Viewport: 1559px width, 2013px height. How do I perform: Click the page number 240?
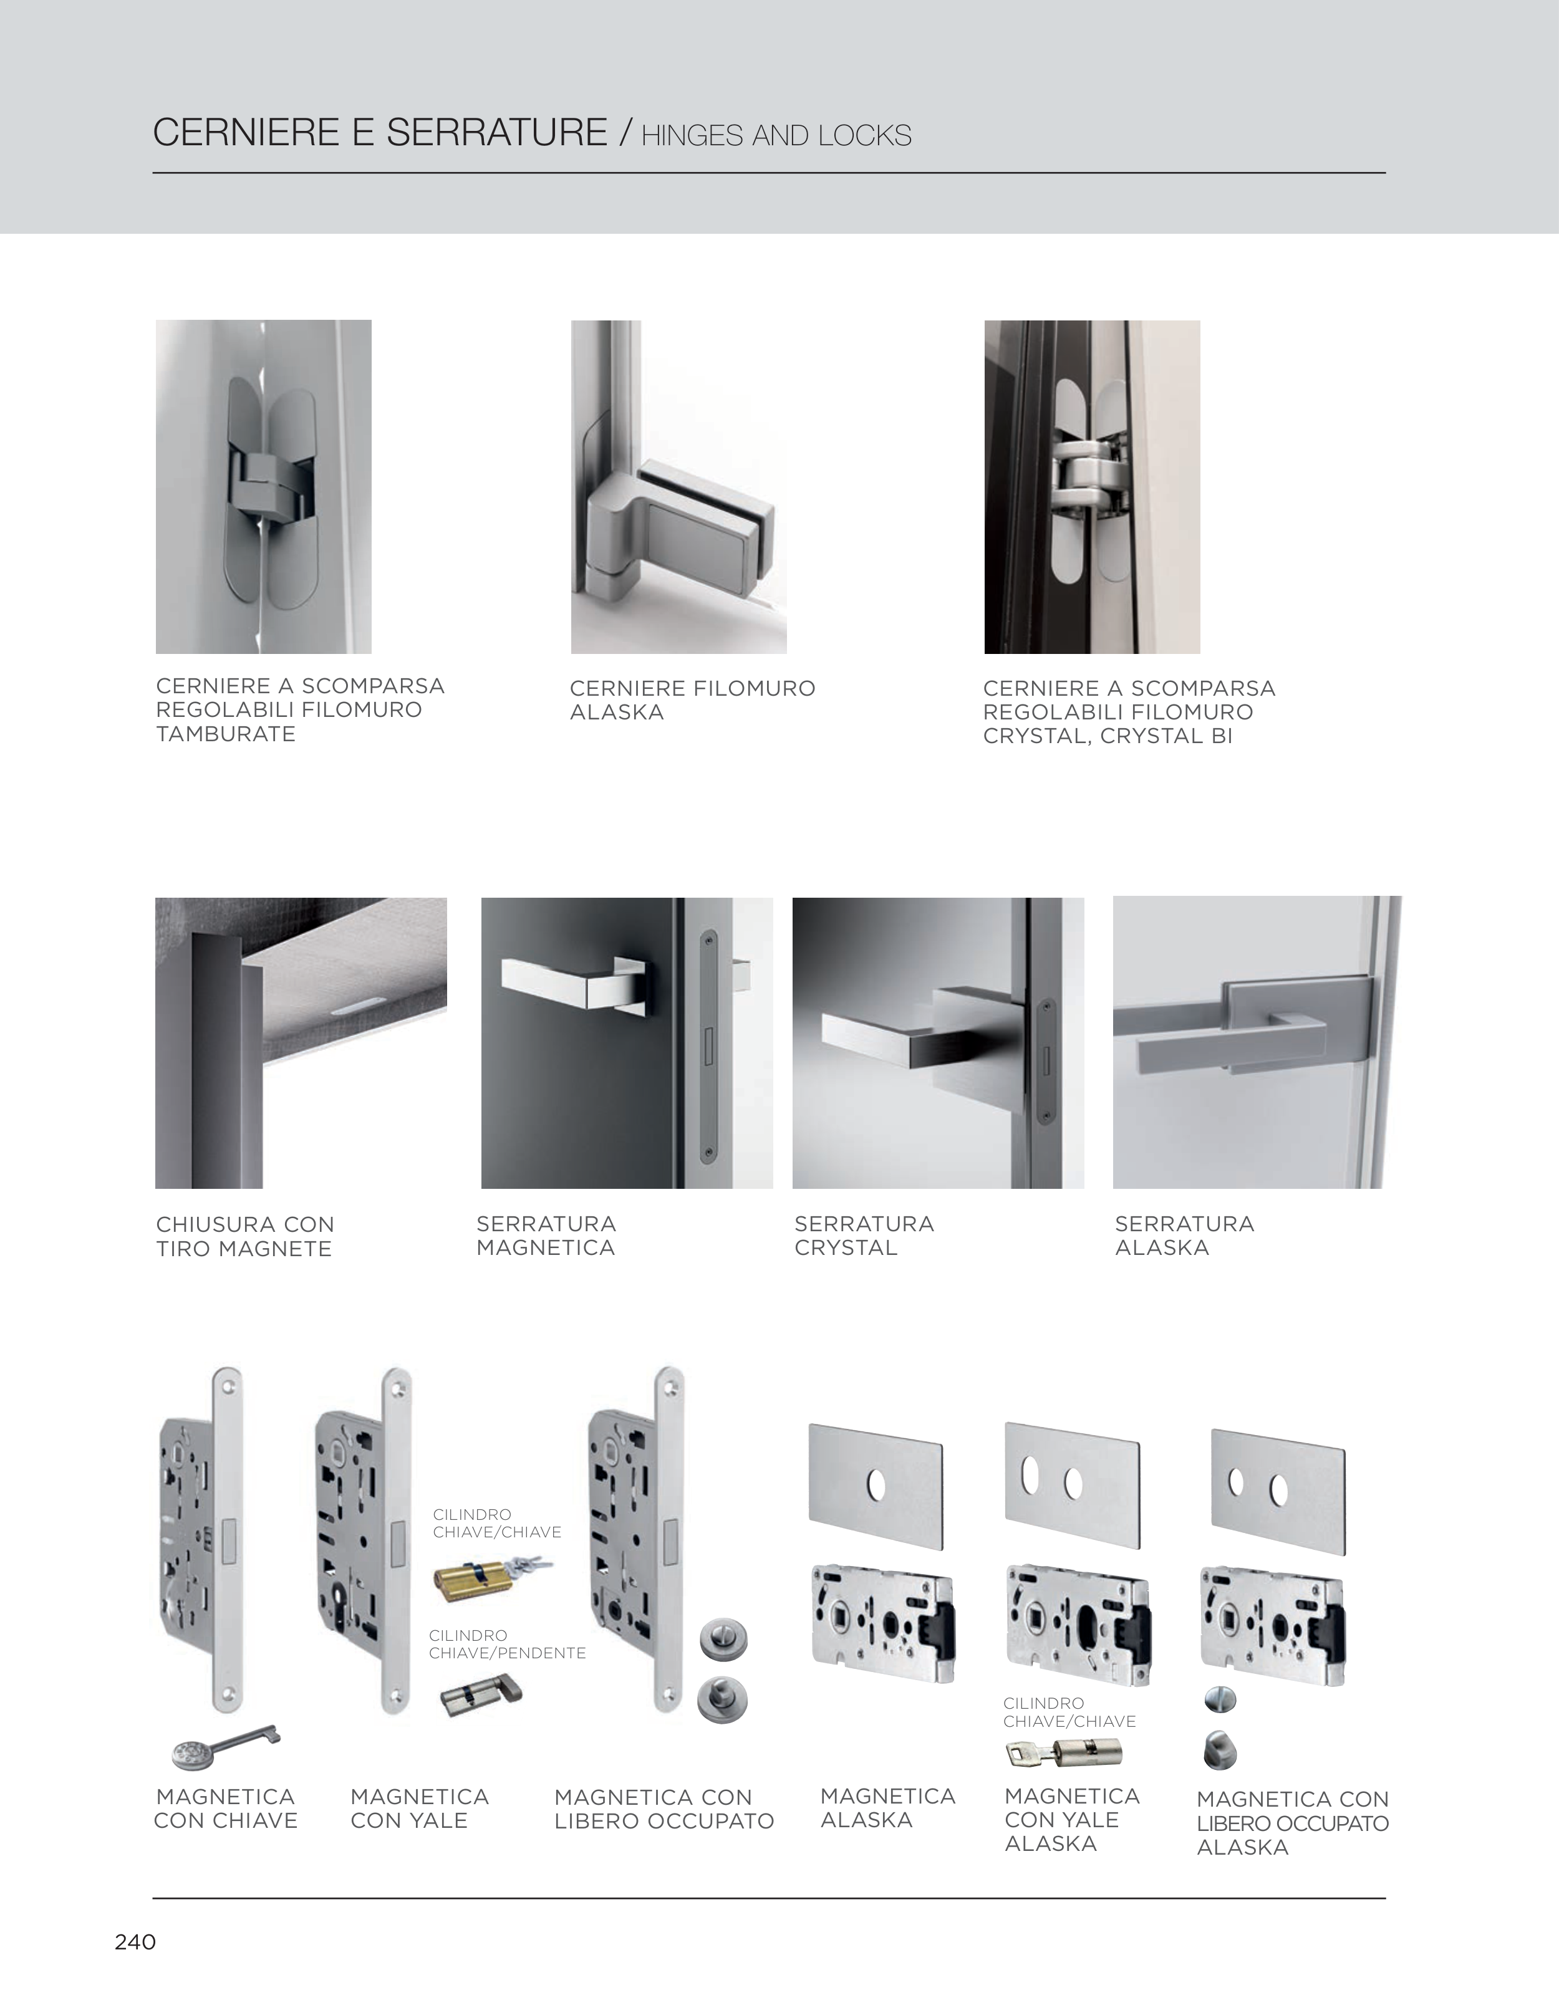(135, 1942)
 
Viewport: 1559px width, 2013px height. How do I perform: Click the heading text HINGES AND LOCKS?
(776, 135)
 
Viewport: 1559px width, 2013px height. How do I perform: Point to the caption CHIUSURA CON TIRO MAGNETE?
(244, 1236)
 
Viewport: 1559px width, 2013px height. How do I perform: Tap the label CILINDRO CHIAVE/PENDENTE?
(507, 1645)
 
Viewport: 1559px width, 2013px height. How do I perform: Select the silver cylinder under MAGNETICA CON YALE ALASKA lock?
(1063, 1752)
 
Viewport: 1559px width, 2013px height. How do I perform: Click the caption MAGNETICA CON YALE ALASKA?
(1072, 1820)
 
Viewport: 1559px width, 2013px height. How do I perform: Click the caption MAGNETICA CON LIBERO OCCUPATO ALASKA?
(1293, 1823)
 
